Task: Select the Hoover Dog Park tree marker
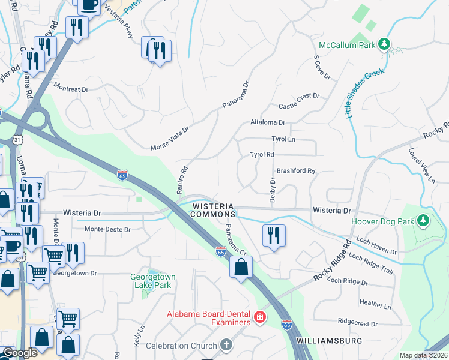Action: pos(423,221)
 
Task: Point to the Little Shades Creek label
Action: pos(364,94)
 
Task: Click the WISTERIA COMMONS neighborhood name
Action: pos(213,210)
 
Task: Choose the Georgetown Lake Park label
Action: pos(151,281)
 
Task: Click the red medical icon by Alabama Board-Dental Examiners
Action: pos(259,317)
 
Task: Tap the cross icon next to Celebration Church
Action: pos(226,345)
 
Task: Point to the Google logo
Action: pos(20,353)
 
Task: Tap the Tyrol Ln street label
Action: pos(284,139)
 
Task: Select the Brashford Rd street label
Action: pos(295,170)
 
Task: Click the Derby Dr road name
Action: pos(273,190)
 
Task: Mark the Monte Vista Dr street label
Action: pos(170,138)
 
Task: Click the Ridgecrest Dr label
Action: pos(357,323)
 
